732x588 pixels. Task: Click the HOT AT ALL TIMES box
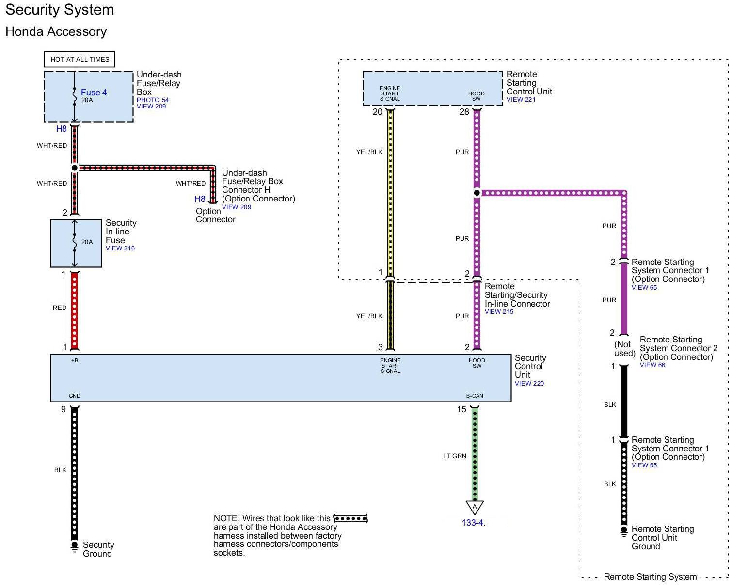(x=80, y=59)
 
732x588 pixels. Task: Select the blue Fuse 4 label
(x=94, y=93)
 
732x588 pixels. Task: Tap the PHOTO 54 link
(x=153, y=100)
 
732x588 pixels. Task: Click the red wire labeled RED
(x=75, y=310)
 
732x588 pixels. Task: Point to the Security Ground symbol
(x=74, y=546)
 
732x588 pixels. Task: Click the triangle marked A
(x=475, y=507)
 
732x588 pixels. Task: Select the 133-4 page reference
(x=473, y=523)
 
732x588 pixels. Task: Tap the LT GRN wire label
(x=455, y=456)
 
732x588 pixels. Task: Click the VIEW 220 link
(x=529, y=383)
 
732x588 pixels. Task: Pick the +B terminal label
(x=75, y=360)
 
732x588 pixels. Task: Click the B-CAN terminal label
(x=475, y=396)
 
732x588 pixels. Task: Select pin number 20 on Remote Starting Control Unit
(x=378, y=112)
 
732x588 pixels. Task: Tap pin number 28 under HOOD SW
(x=464, y=112)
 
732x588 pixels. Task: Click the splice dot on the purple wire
(x=477, y=193)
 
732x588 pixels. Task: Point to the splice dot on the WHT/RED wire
(x=75, y=168)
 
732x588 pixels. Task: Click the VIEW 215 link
(x=499, y=311)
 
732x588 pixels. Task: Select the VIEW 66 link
(x=652, y=365)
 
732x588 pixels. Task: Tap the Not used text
(x=624, y=349)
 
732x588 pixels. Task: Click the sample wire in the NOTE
(x=350, y=519)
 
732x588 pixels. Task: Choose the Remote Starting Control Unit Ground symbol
(x=624, y=530)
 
